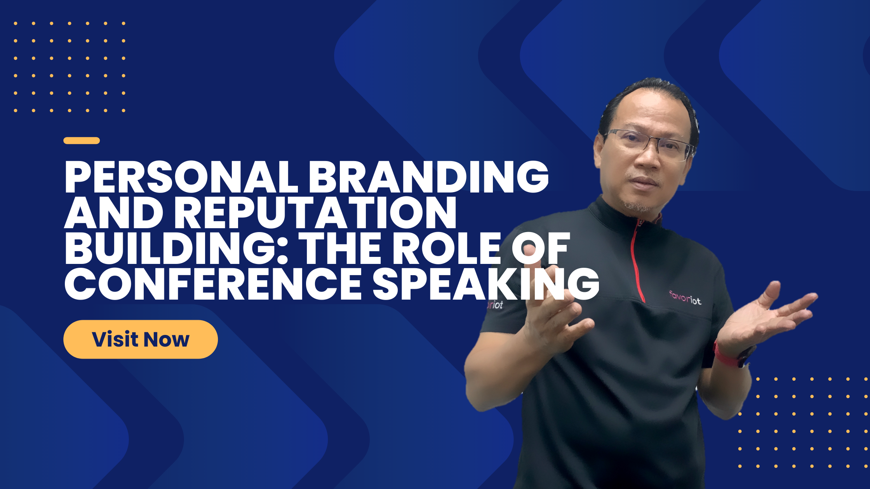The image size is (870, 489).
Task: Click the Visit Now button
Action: click(140, 339)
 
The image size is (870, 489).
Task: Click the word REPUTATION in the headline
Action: click(315, 213)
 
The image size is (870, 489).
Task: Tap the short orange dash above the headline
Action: click(82, 140)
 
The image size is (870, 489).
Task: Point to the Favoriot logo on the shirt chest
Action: click(685, 298)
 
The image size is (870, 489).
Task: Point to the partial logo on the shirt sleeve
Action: click(495, 305)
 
